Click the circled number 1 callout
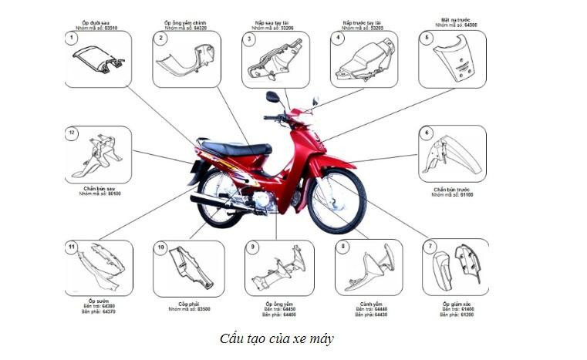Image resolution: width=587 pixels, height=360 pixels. pos(72,38)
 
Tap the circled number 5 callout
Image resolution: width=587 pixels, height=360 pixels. pos(427,38)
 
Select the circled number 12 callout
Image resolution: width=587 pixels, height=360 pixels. pos(72,133)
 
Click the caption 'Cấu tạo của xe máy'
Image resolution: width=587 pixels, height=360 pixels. pos(277,338)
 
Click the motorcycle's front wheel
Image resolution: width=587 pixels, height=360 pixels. pos(337,201)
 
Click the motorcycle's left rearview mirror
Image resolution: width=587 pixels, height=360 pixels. pos(272,97)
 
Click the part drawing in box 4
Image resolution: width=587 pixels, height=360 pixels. pos(363,61)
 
